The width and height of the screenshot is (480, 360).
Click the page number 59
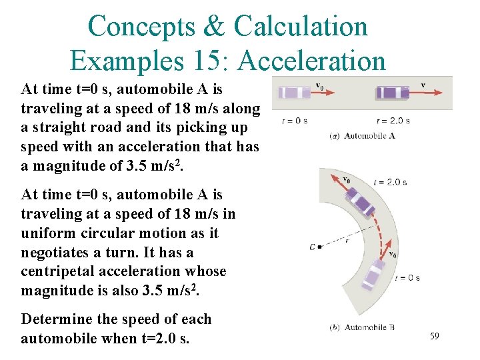pos(434,337)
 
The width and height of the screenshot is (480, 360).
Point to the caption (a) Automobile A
pos(363,136)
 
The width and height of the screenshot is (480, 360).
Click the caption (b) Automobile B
pos(362,327)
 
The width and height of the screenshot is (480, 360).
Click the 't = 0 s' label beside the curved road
pos(407,278)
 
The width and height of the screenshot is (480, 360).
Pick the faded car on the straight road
pos(294,93)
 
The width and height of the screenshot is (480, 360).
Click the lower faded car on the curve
pos(375,274)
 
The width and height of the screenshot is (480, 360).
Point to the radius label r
pos(347,241)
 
